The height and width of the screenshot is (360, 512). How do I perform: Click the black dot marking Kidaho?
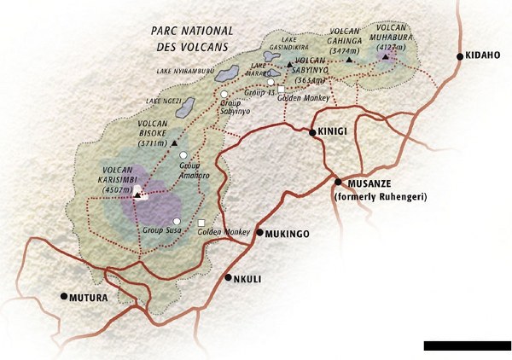click(x=461, y=56)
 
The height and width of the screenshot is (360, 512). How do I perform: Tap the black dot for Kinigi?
click(x=312, y=132)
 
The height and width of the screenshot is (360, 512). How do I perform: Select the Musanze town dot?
click(x=338, y=182)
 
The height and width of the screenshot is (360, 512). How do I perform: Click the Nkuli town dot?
click(x=228, y=277)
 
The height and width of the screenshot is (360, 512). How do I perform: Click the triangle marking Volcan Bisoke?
click(x=175, y=142)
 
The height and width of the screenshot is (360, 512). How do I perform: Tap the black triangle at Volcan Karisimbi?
click(x=137, y=195)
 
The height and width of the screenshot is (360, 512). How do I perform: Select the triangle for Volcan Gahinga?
click(x=349, y=60)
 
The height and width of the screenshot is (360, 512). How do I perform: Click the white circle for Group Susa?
click(x=177, y=222)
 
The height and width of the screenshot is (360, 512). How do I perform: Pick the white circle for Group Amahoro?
click(x=183, y=154)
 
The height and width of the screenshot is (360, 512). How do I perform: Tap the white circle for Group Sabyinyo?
click(x=224, y=94)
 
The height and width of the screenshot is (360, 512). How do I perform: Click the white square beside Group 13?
click(x=280, y=89)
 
